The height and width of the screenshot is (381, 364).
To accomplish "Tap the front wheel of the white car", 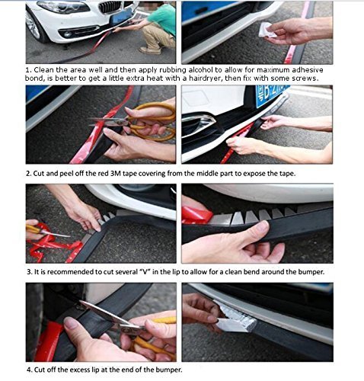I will (x=37, y=27).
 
